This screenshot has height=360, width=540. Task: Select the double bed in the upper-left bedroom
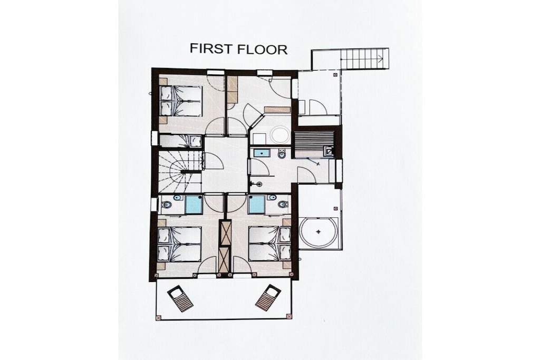point(181,101)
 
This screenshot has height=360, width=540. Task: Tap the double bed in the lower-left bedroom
point(179,244)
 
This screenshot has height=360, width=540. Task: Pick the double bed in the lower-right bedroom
point(269,244)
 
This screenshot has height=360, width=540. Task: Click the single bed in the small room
point(180,141)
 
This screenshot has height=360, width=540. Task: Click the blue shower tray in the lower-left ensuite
point(194,205)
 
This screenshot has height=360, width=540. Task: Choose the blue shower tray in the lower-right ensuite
point(257,205)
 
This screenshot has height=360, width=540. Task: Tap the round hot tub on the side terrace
point(318,232)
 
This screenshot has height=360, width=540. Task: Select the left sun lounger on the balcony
point(180,298)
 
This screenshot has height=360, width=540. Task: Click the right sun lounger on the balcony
point(268,298)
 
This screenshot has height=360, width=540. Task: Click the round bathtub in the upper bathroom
point(279,135)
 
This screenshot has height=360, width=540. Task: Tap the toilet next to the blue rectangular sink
point(282,154)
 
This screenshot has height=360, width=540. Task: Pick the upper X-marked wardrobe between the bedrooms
point(226,233)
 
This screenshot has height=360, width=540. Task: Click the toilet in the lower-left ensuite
point(167,205)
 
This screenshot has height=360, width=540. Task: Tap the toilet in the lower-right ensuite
point(283,205)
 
